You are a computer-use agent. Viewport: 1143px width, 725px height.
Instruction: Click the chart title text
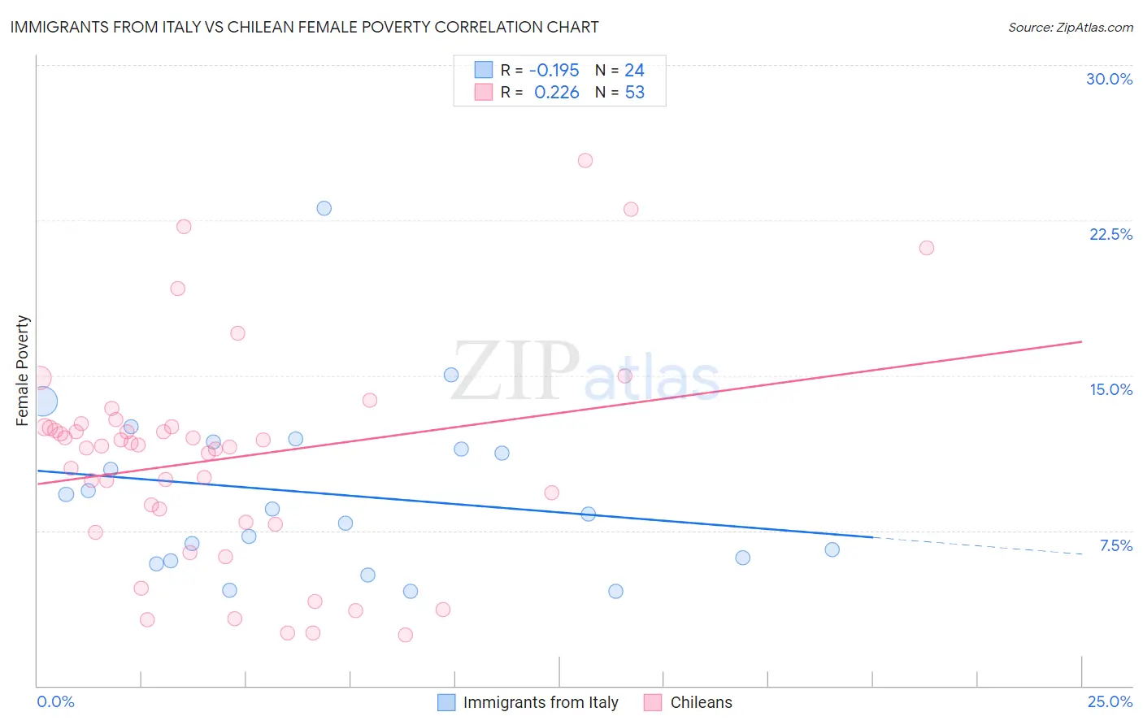(304, 27)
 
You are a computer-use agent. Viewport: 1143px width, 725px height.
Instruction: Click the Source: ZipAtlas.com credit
(1070, 27)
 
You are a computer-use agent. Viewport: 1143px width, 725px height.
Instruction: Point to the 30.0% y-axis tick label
(1109, 79)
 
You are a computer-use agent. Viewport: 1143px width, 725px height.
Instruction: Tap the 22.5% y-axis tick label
(1110, 234)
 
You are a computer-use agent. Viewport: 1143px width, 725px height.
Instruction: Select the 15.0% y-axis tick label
(1110, 389)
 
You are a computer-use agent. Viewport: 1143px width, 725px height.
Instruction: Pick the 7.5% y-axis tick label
(1115, 545)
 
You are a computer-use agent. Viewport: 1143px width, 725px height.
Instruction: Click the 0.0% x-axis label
(55, 701)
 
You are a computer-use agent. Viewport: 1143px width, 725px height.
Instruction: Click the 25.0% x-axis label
(1110, 701)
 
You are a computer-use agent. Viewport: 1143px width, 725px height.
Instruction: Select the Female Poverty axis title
(23, 371)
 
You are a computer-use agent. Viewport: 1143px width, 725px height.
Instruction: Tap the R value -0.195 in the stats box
(554, 70)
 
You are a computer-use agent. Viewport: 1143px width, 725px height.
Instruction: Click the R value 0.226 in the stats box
(556, 93)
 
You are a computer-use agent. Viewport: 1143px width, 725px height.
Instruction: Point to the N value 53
(634, 93)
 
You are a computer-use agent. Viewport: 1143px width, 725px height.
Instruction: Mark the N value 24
(634, 70)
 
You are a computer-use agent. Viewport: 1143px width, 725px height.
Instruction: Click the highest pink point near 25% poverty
(585, 160)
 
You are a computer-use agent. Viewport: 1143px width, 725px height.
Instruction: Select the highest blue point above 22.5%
(324, 208)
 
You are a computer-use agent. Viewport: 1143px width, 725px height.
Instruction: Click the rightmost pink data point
(926, 248)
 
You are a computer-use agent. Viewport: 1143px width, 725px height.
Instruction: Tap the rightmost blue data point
(832, 549)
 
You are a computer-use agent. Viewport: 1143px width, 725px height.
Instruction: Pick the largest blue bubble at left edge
(42, 402)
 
